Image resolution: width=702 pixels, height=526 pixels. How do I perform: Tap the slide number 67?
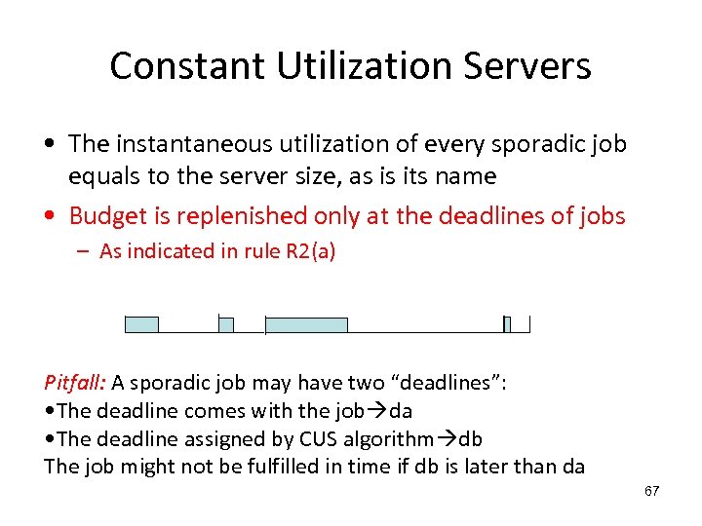pyautogui.click(x=651, y=491)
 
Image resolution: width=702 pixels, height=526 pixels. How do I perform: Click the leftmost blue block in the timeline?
pyautogui.click(x=141, y=324)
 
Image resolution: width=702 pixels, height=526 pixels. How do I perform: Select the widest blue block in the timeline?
pyautogui.click(x=306, y=324)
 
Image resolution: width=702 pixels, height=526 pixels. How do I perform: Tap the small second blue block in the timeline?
pyautogui.click(x=225, y=324)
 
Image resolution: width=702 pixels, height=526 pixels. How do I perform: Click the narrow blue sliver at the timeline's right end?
pyautogui.click(x=506, y=324)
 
